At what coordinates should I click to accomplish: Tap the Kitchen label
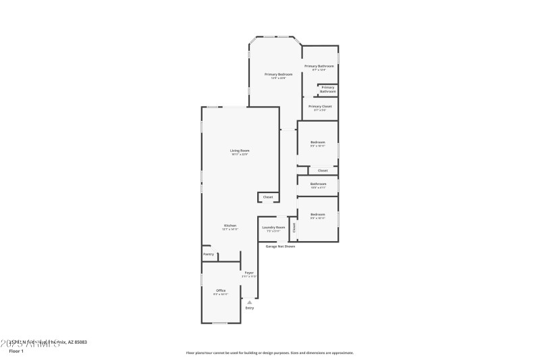(230, 226)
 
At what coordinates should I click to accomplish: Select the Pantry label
(209, 255)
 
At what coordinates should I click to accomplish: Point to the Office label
(221, 290)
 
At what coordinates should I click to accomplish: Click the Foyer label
(249, 273)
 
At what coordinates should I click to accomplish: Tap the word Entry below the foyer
(250, 308)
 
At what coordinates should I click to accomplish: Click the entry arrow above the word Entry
(250, 302)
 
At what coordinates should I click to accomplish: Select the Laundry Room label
(273, 228)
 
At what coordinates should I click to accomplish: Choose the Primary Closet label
(320, 107)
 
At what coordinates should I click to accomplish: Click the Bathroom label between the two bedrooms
(318, 184)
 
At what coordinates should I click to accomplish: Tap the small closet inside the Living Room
(268, 197)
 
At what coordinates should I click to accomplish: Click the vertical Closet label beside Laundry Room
(294, 228)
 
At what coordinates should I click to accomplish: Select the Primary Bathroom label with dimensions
(319, 66)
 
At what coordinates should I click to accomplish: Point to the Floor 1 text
(16, 351)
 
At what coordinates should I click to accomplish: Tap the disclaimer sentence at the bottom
(269, 353)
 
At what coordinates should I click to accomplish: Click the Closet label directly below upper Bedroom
(323, 170)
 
